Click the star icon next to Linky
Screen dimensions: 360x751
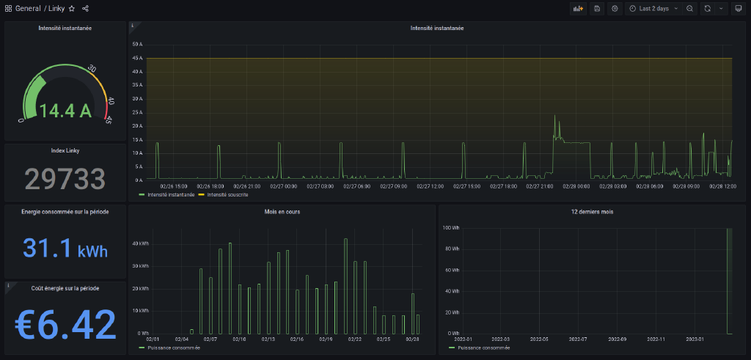(72, 9)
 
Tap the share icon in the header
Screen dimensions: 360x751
(86, 9)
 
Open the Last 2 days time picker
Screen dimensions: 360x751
(653, 9)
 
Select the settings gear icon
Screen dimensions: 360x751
(615, 9)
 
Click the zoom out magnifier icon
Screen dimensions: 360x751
(690, 9)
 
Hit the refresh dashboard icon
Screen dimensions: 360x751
(708, 9)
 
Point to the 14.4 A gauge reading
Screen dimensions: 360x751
(65, 111)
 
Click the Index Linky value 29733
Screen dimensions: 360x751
(65, 178)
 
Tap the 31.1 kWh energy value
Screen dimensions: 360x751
(65, 247)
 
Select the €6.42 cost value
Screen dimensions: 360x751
(65, 323)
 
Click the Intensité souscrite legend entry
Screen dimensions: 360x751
(227, 195)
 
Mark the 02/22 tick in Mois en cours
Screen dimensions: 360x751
(354, 339)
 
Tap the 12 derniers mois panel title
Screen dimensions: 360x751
(591, 212)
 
